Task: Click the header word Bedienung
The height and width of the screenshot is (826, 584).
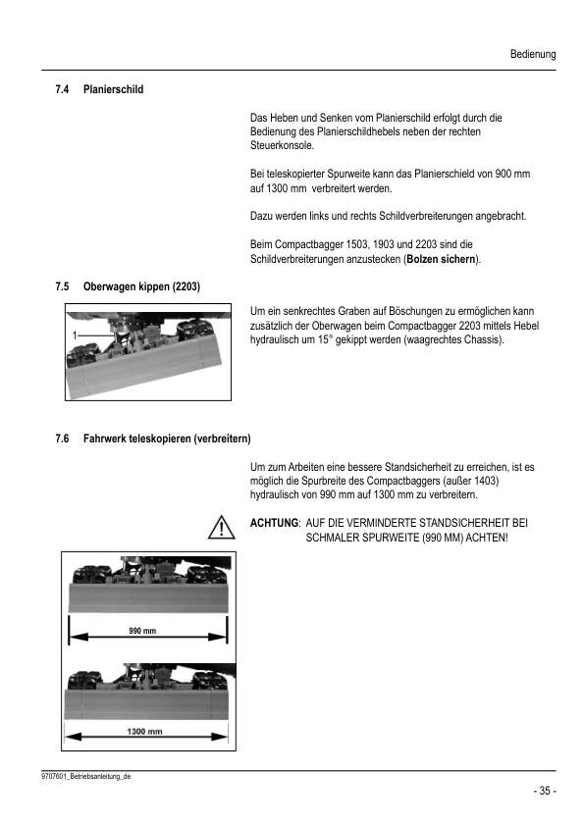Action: point(533,55)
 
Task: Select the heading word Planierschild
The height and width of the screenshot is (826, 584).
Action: point(114,89)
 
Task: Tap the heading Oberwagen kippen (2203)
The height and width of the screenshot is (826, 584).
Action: point(142,287)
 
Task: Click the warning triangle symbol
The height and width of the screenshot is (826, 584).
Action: point(225,528)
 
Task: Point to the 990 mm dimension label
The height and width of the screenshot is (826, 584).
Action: point(143,630)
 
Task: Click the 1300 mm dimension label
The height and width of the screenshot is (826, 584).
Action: point(146,732)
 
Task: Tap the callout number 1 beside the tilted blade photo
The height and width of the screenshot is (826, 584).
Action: point(74,336)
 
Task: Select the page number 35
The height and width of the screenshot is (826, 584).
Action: point(544,791)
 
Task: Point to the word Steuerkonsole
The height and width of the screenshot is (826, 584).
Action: point(283,145)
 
